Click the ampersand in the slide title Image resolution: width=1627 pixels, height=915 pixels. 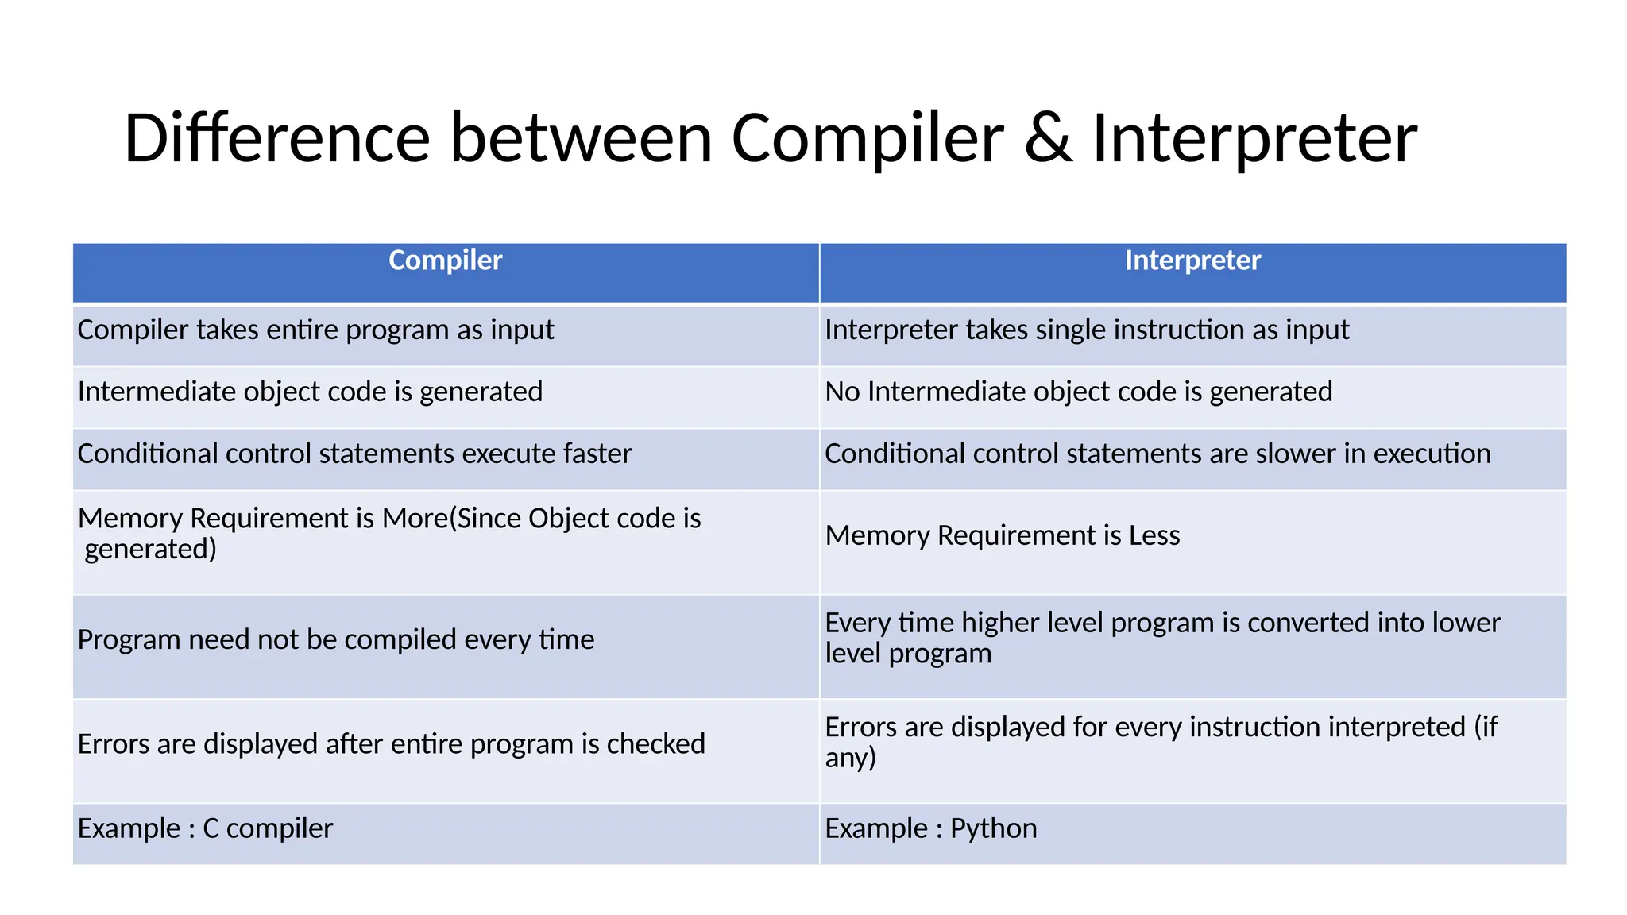pyautogui.click(x=1048, y=139)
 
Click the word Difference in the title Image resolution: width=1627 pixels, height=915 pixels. pyautogui.click(x=276, y=139)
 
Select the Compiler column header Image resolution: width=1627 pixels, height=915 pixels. pyautogui.click(x=445, y=261)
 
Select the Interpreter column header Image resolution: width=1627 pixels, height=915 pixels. pyautogui.click(x=1192, y=261)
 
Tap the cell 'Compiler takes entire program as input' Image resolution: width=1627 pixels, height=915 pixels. pyautogui.click(x=315, y=330)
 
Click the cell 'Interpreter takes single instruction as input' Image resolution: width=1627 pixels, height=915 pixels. pyautogui.click(x=1086, y=330)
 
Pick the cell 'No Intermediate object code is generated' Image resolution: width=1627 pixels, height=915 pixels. pyautogui.click(x=1078, y=392)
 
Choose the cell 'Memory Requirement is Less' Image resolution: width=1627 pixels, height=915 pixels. pyautogui.click(x=1002, y=535)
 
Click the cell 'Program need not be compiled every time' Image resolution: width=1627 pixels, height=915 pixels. pyautogui.click(x=335, y=639)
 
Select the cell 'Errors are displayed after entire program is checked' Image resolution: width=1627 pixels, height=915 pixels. pyautogui.click(x=391, y=744)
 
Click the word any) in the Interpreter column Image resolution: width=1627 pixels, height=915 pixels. pyautogui.click(x=850, y=759)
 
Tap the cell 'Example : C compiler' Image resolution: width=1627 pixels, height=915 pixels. pyautogui.click(x=205, y=828)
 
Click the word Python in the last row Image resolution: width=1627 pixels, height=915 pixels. pyautogui.click(x=993, y=828)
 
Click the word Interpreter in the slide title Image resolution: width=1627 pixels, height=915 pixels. pyautogui.click(x=1254, y=139)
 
